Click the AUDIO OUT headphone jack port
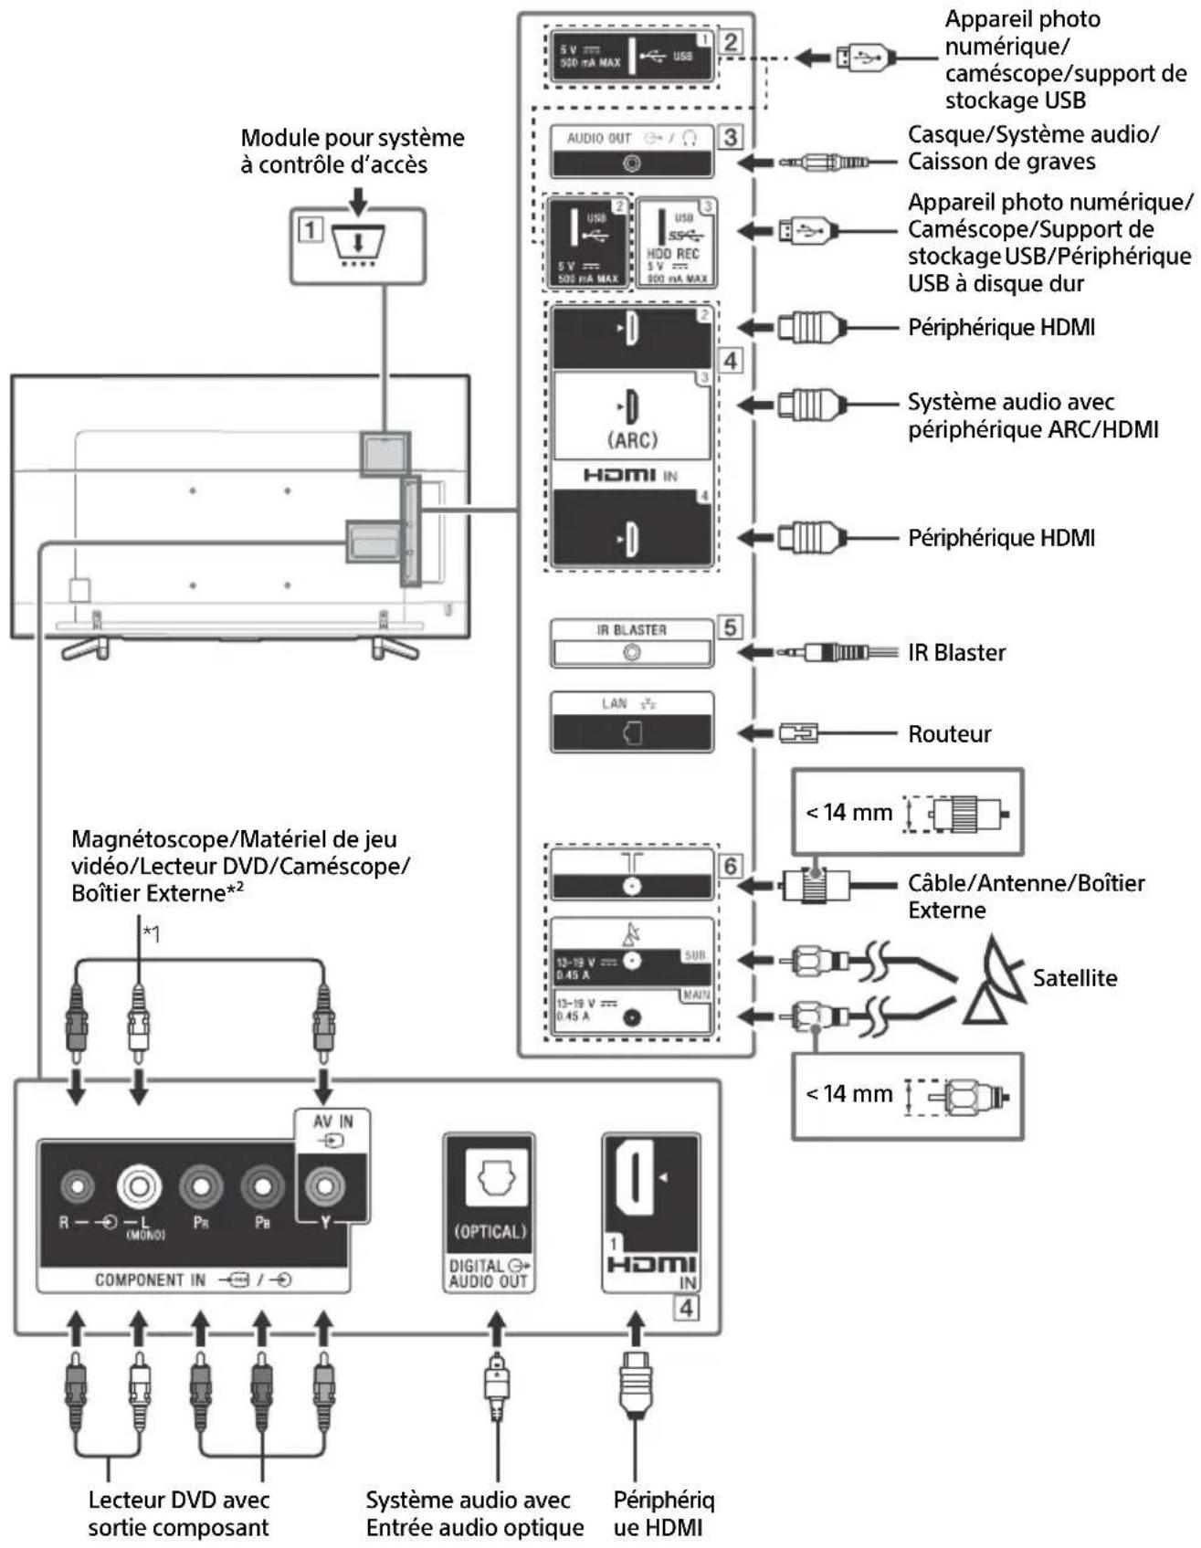point(631,163)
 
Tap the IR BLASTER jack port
point(631,653)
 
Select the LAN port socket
point(632,733)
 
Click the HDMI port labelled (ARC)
point(632,407)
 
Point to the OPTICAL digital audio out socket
point(490,1178)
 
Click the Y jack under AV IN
point(323,1186)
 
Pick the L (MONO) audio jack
point(139,1186)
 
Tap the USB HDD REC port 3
point(676,243)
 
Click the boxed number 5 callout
point(730,627)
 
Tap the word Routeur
point(949,734)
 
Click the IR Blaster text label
point(955,653)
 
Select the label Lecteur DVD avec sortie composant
point(178,1512)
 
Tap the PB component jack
point(262,1186)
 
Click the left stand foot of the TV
point(85,648)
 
